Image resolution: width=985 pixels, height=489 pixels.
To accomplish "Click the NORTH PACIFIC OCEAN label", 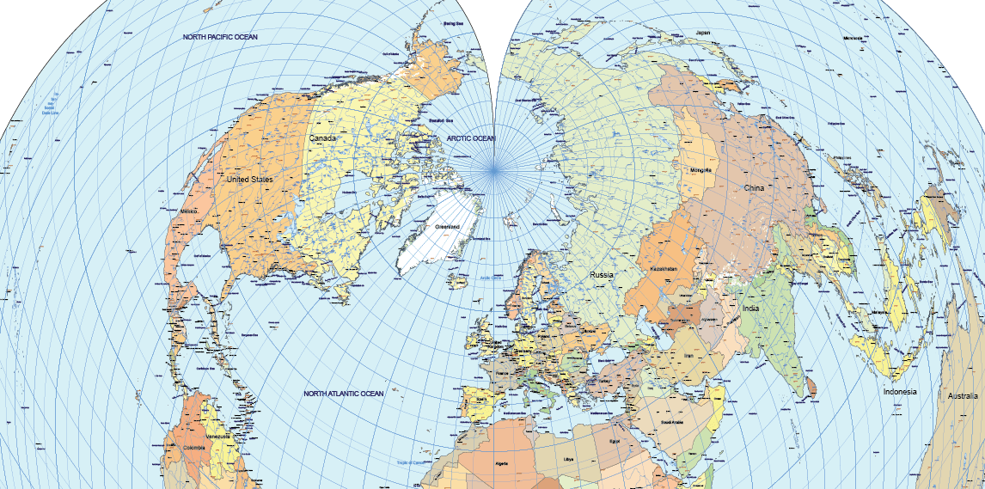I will coord(220,37).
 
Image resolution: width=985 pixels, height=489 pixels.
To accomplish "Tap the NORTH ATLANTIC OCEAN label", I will coord(343,394).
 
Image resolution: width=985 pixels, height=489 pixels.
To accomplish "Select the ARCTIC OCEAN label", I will coord(471,138).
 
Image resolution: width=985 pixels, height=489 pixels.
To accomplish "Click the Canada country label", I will coord(322,138).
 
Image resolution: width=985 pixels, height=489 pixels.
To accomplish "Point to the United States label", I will coord(248,180).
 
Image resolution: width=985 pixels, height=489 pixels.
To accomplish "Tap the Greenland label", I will coord(447,226).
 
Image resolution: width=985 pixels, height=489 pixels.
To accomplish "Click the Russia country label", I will coord(602,274).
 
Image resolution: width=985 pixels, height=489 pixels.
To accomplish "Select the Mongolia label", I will coord(701,170).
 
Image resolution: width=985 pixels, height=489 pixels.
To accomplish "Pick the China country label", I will coord(754,187).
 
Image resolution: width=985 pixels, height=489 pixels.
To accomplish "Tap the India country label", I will coord(751,309).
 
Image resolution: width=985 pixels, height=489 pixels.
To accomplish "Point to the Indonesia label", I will coord(900,392).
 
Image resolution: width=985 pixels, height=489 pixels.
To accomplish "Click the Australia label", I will coord(962,396).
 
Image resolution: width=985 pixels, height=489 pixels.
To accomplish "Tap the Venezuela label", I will coord(217,437).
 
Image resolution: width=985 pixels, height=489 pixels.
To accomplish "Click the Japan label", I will coord(703,33).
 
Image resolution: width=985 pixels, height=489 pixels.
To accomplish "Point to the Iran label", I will coord(688,355).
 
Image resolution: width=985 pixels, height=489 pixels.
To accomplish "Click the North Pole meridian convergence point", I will coord(495,171).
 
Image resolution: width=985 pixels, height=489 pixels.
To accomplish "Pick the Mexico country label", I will coord(190,211).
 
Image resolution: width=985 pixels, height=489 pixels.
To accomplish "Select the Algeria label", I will coord(502,463).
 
